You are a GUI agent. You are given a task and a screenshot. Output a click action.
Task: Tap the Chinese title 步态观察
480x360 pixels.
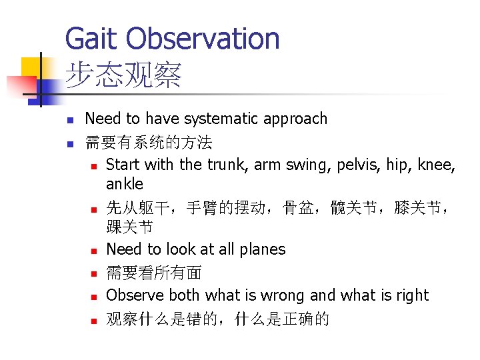[x=123, y=77]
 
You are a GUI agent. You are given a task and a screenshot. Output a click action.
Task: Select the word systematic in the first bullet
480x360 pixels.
[x=222, y=119]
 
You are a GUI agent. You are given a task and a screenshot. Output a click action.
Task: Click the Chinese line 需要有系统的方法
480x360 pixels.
[x=149, y=142]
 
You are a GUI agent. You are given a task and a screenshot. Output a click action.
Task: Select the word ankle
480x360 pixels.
[x=125, y=183]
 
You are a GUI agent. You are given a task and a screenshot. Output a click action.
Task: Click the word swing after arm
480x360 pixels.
[x=298, y=164]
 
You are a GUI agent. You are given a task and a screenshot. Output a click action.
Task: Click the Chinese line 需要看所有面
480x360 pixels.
[x=154, y=273]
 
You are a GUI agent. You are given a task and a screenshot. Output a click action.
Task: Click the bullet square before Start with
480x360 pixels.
[x=95, y=166]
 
